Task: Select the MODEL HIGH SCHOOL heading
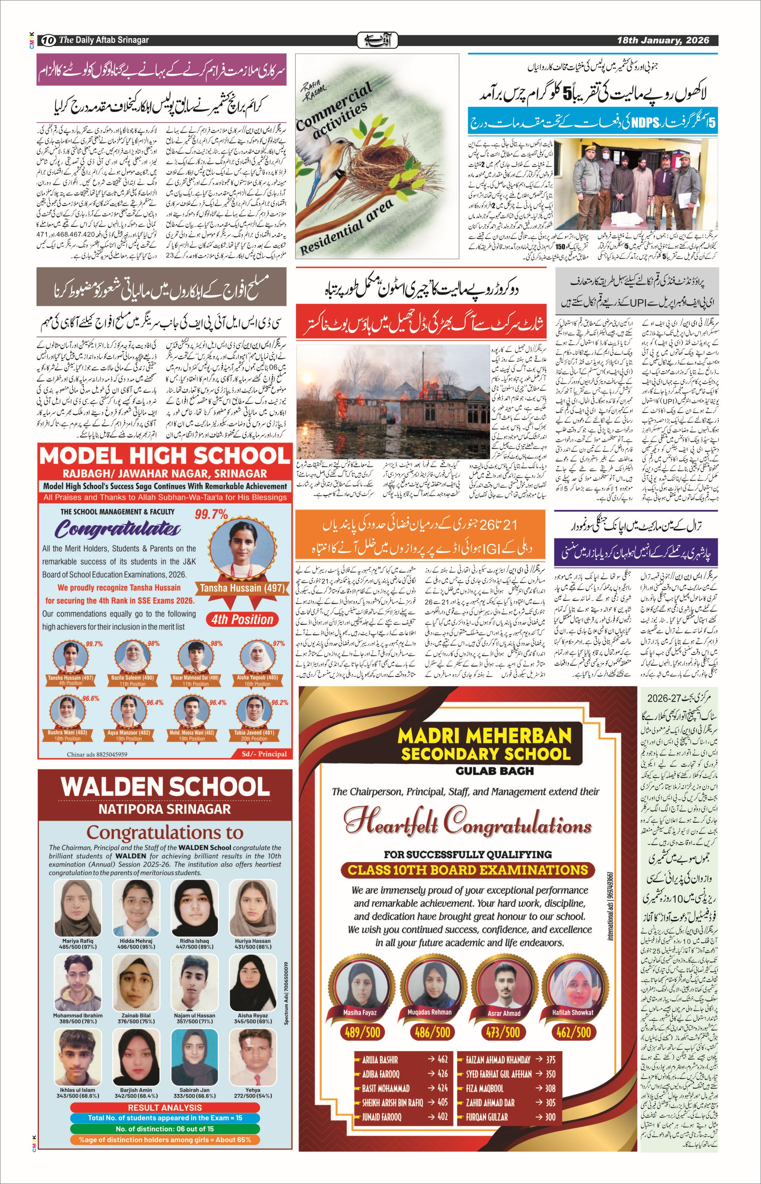point(165,456)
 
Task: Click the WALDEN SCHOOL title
point(165,787)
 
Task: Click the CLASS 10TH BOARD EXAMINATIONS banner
point(467,870)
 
